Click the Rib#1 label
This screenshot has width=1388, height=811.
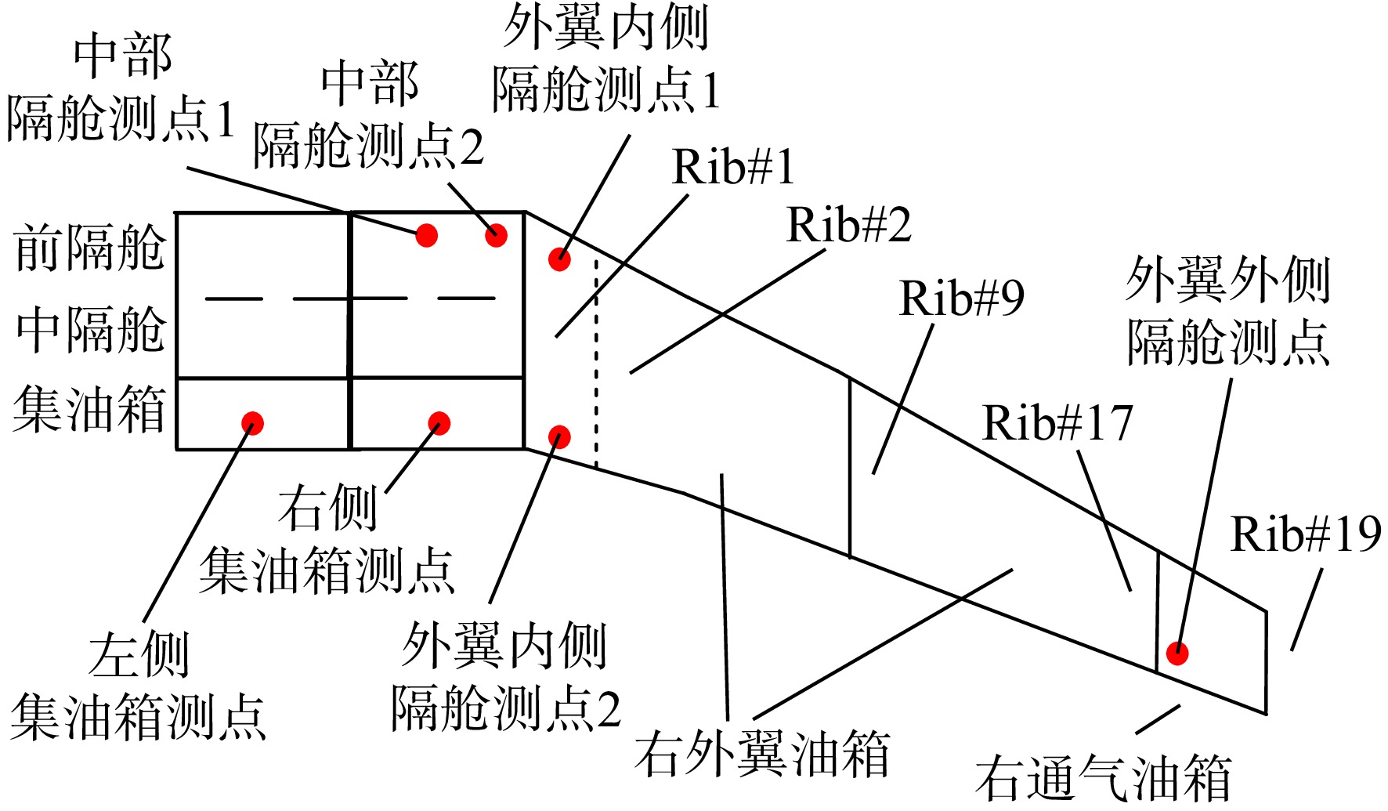(733, 167)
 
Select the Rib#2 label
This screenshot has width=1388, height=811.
(848, 225)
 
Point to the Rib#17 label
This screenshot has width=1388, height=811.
(1057, 423)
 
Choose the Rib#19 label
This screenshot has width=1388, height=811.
(1306, 534)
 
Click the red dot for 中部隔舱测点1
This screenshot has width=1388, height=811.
(426, 235)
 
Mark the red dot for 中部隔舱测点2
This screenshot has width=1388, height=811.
(496, 235)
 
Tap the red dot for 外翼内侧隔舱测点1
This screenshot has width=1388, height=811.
(559, 259)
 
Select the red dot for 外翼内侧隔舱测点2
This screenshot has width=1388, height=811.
(559, 436)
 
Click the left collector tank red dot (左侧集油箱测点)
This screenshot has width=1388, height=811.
(252, 423)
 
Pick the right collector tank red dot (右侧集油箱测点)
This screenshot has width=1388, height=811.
(439, 423)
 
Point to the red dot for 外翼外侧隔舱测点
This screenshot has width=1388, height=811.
(1177, 653)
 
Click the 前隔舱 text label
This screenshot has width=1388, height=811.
(90, 248)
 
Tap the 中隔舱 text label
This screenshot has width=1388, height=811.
(90, 329)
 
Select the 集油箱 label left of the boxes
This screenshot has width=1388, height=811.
(89, 409)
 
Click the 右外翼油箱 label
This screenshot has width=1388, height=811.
(762, 754)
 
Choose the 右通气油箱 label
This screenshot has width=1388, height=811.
(1103, 777)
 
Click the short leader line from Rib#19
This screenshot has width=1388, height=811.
(1307, 610)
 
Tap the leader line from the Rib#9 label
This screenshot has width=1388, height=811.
(903, 399)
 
